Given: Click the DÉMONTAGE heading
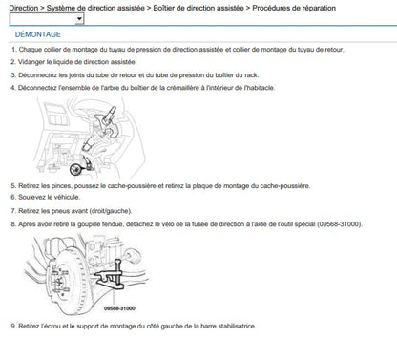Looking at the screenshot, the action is pos(38,34).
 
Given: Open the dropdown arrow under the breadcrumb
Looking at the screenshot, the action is pos(79,19).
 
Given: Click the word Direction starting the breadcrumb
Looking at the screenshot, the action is pos(24,8).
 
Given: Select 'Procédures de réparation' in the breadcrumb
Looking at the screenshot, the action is pos(294,8).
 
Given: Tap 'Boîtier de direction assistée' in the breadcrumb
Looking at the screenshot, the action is pos(198,8).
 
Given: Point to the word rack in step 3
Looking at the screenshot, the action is pos(251,75).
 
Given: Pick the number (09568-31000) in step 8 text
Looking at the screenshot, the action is pos(339,224).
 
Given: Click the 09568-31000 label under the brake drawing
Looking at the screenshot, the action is pos(119,308).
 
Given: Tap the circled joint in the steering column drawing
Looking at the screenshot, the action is pos(76,170).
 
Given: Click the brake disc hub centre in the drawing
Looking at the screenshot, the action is pos(59,282).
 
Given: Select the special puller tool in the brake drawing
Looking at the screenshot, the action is pos(112,275).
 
